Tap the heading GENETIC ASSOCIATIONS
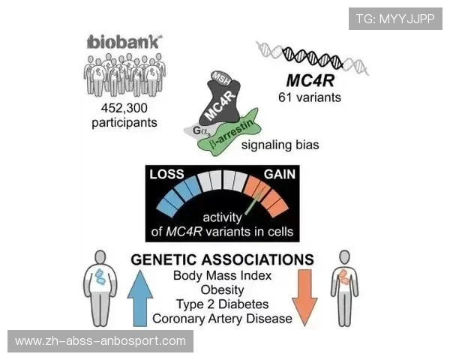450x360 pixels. pyautogui.click(x=222, y=259)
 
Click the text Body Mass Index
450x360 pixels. pyautogui.click(x=222, y=276)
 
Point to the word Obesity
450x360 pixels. pyautogui.click(x=222, y=290)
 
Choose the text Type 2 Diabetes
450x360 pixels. pyautogui.click(x=222, y=304)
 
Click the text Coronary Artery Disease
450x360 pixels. pyautogui.click(x=222, y=319)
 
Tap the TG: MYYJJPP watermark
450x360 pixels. pyautogui.click(x=395, y=18)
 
